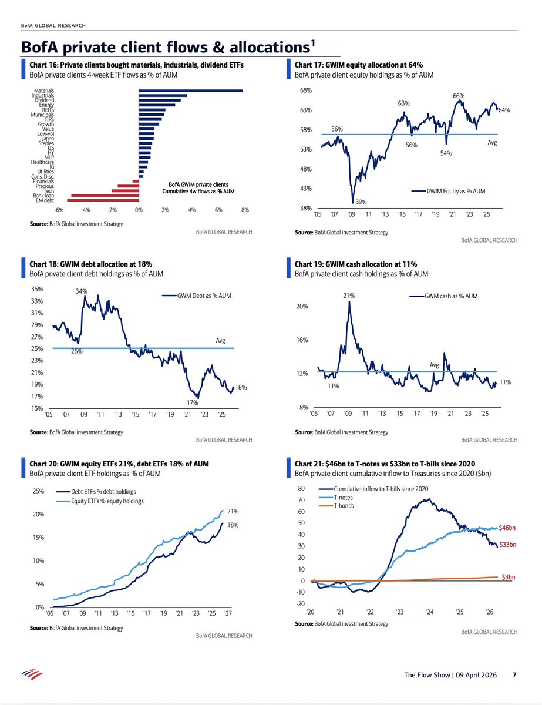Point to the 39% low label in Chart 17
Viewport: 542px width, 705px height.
[x=361, y=202]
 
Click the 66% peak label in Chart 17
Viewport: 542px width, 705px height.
[x=459, y=95]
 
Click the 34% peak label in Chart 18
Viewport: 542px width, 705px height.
[x=81, y=290]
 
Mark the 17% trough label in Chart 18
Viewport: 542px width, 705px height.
[x=192, y=403]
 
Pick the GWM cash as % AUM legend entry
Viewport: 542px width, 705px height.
[x=450, y=297]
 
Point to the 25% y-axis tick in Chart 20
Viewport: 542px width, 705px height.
[x=38, y=491]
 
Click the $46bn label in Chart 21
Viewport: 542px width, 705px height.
[x=507, y=528]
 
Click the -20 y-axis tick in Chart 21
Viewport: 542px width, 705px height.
[x=301, y=604]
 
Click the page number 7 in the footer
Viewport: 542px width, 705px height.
[x=514, y=675]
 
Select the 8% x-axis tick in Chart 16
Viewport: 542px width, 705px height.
[x=245, y=210]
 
